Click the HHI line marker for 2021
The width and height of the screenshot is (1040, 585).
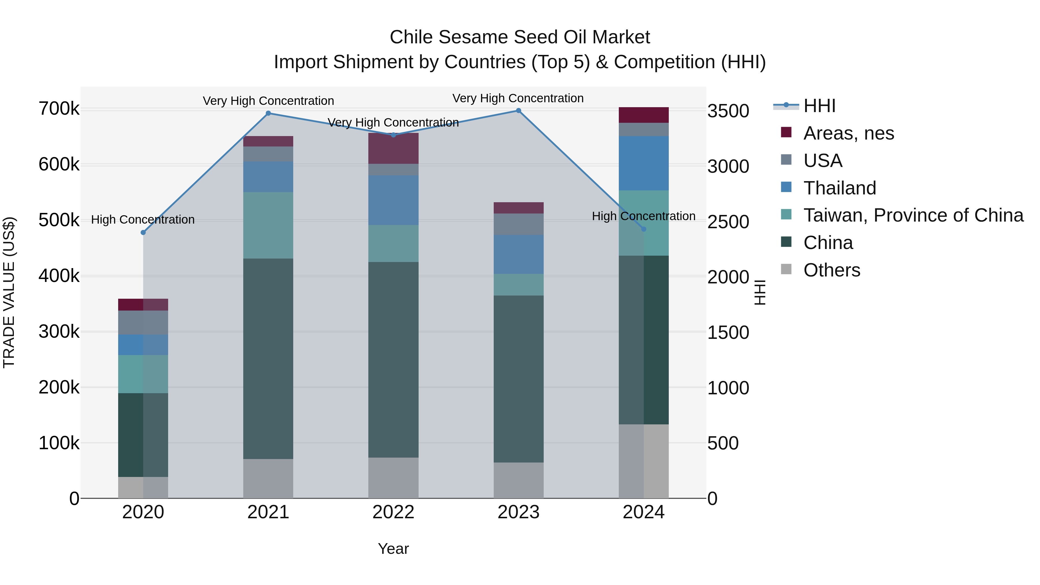(268, 114)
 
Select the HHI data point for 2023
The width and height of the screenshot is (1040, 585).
(518, 111)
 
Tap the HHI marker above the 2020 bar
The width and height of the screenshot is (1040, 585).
(143, 233)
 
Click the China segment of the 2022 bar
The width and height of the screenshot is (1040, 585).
(393, 359)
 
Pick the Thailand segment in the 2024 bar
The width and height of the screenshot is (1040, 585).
(644, 163)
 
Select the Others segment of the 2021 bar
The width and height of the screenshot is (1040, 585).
(268, 478)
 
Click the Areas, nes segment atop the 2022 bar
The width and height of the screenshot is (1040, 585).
(393, 148)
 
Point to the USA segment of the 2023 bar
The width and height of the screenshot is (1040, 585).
(518, 224)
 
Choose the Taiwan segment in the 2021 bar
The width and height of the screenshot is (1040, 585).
(268, 225)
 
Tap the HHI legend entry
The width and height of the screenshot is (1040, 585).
(819, 106)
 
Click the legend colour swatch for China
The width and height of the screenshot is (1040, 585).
(786, 242)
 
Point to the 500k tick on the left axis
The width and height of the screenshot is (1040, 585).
(59, 220)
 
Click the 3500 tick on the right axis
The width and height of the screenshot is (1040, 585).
(728, 111)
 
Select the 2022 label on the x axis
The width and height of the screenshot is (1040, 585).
(393, 512)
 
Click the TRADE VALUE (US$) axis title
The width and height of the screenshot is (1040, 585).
(9, 292)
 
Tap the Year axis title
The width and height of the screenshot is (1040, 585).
(393, 549)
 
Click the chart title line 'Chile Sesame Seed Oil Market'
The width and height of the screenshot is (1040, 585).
(520, 37)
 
